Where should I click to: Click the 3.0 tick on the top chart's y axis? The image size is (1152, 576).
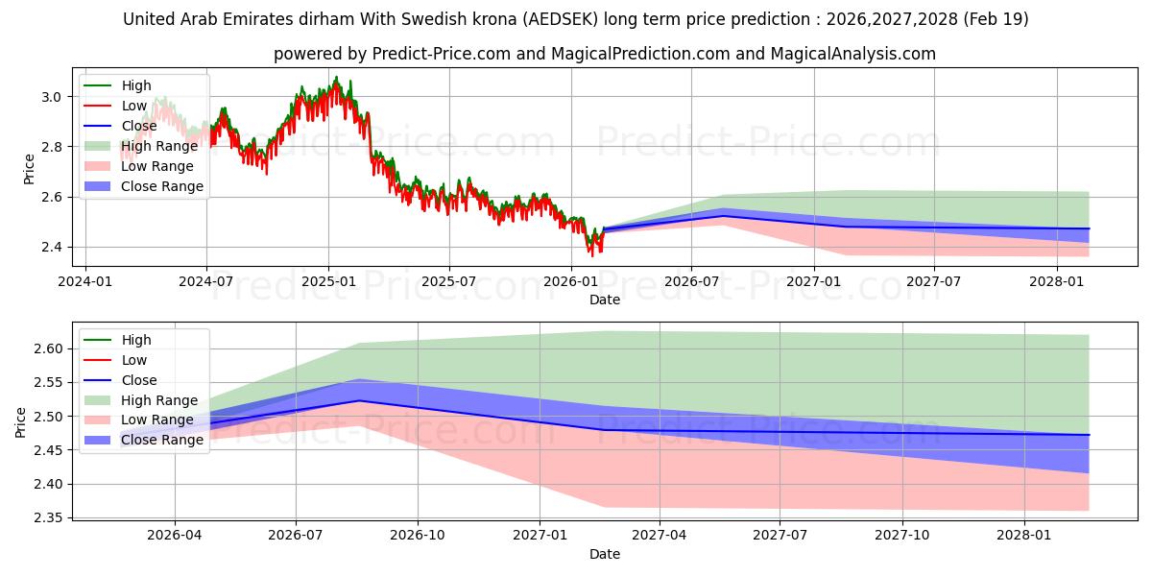pyautogui.click(x=51, y=97)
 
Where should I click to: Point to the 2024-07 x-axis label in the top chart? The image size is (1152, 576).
pyautogui.click(x=206, y=282)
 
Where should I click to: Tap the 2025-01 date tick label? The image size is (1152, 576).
pyautogui.click(x=328, y=282)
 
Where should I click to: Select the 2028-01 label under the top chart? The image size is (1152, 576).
pyautogui.click(x=1056, y=282)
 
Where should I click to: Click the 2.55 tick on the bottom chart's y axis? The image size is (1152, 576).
pyautogui.click(x=48, y=383)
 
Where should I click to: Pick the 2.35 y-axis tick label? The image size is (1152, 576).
pyautogui.click(x=48, y=517)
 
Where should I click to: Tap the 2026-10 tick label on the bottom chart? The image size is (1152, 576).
pyautogui.click(x=417, y=536)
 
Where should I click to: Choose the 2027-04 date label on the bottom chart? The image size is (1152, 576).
pyautogui.click(x=660, y=536)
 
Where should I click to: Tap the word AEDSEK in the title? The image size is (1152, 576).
pyautogui.click(x=561, y=19)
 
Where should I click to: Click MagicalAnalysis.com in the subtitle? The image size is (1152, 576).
pyautogui.click(x=852, y=54)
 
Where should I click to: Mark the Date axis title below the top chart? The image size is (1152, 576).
pyautogui.click(x=605, y=300)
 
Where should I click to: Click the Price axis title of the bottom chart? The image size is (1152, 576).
pyautogui.click(x=20, y=422)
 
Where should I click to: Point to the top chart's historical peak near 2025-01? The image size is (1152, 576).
pyautogui.click(x=337, y=77)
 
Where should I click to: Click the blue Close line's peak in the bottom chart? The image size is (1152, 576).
pyautogui.click(x=359, y=401)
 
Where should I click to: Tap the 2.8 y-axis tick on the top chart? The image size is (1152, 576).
pyautogui.click(x=51, y=147)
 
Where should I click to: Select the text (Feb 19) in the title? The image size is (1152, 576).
pyautogui.click(x=996, y=19)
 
